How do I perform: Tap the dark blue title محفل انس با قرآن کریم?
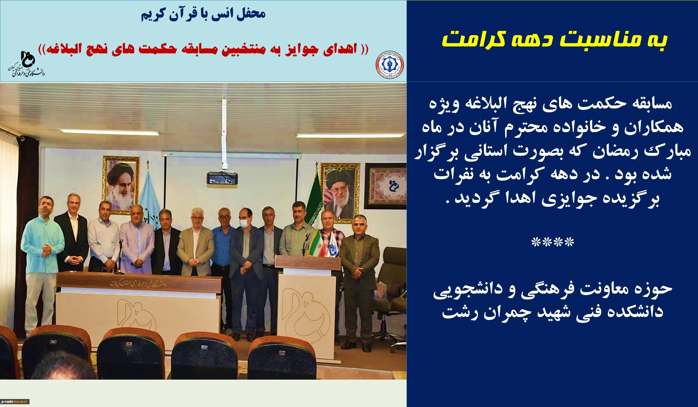point(203,14)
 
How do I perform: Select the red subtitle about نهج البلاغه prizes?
point(203,49)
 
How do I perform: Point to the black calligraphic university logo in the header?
point(26,64)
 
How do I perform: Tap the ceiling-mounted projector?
point(222,178)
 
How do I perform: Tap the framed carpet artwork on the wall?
point(385,186)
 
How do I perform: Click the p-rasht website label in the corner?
point(15,401)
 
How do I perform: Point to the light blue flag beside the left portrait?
point(149,197)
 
